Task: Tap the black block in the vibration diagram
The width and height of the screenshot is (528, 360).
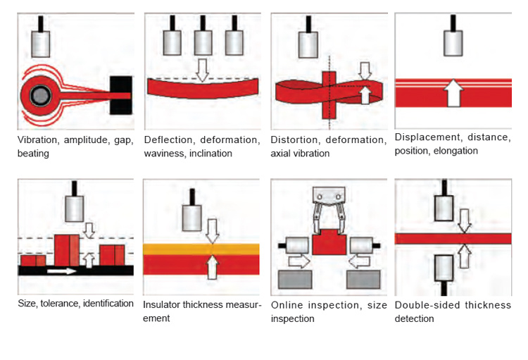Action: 121,95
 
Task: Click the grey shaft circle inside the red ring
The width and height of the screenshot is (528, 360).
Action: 40,95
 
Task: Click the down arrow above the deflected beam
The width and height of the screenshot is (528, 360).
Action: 202,70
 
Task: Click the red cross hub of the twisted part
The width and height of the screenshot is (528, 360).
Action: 329,94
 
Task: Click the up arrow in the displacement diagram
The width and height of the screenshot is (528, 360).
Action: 453,93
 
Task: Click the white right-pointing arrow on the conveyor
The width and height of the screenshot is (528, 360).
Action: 62,271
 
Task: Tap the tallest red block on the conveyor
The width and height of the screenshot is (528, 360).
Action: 67,250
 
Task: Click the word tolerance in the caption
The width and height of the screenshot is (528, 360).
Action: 60,304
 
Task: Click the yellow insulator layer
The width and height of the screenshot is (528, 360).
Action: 201,249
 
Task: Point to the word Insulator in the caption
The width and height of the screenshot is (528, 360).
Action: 162,305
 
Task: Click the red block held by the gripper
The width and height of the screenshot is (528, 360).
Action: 329,242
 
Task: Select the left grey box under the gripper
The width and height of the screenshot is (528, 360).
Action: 295,279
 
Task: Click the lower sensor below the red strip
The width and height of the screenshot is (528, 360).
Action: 444,268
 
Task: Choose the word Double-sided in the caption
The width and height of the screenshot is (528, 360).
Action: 427,305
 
